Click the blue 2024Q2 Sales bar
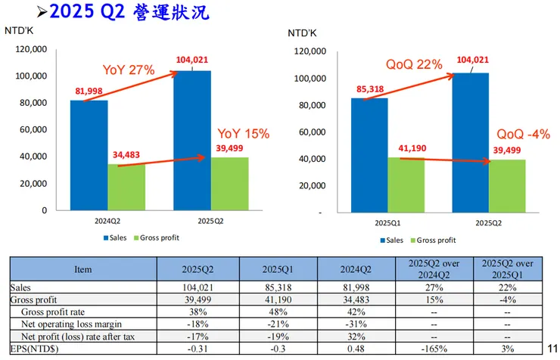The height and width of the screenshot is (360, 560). pyautogui.click(x=88, y=155)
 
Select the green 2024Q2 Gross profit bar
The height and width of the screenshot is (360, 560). pyautogui.click(x=126, y=187)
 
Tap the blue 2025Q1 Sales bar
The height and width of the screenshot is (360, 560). pyautogui.click(x=369, y=155)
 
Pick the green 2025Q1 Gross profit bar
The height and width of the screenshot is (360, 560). pyautogui.click(x=406, y=185)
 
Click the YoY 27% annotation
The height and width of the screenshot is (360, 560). pyautogui.click(x=128, y=70)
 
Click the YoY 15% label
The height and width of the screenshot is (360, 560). pyautogui.click(x=244, y=133)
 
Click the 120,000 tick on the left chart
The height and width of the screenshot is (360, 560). pyautogui.click(x=31, y=49)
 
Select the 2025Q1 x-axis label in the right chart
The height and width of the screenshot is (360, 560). pyautogui.click(x=387, y=224)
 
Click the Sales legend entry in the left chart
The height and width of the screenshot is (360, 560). pyautogui.click(x=114, y=237)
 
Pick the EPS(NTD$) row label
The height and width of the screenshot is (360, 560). pyautogui.click(x=36, y=348)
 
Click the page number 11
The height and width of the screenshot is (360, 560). pyautogui.click(x=552, y=348)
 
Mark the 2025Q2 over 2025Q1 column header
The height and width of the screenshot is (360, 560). pyautogui.click(x=509, y=269)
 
